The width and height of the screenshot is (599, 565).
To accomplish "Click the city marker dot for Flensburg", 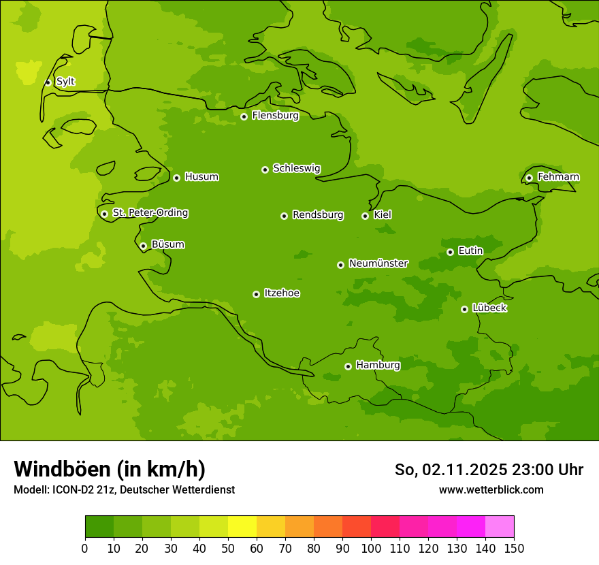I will point(244,116).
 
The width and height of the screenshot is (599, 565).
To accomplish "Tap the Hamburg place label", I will point(378,366).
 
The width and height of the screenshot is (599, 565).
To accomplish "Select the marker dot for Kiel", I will point(365,216).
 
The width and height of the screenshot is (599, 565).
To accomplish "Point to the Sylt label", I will point(65,82).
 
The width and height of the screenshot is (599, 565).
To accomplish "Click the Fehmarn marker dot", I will point(529,178).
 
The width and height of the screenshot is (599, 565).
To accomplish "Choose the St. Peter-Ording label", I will point(150,213).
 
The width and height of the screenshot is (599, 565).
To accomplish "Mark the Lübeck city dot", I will point(464,309).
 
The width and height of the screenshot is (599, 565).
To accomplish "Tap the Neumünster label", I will point(378,263).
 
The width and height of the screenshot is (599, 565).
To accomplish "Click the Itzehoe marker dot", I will point(256,294).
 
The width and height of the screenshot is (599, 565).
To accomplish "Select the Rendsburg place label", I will point(318,215).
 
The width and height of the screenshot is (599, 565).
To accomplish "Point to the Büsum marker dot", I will point(143,246).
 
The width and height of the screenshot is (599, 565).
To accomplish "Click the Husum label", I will point(201,177).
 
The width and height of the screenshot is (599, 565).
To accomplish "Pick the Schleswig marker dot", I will point(265,169).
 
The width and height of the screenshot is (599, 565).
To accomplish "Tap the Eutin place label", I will point(470,251).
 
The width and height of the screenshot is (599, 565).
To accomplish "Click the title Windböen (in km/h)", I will point(110,469).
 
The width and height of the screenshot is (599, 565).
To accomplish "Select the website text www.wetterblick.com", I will point(491,489).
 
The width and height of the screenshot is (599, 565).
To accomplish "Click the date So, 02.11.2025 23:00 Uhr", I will point(489,470).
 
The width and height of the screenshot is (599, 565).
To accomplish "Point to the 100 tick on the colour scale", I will point(371,548).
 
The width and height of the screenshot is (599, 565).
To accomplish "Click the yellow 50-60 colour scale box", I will point(242,527).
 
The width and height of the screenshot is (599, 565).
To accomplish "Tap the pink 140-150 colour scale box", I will point(500,527).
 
